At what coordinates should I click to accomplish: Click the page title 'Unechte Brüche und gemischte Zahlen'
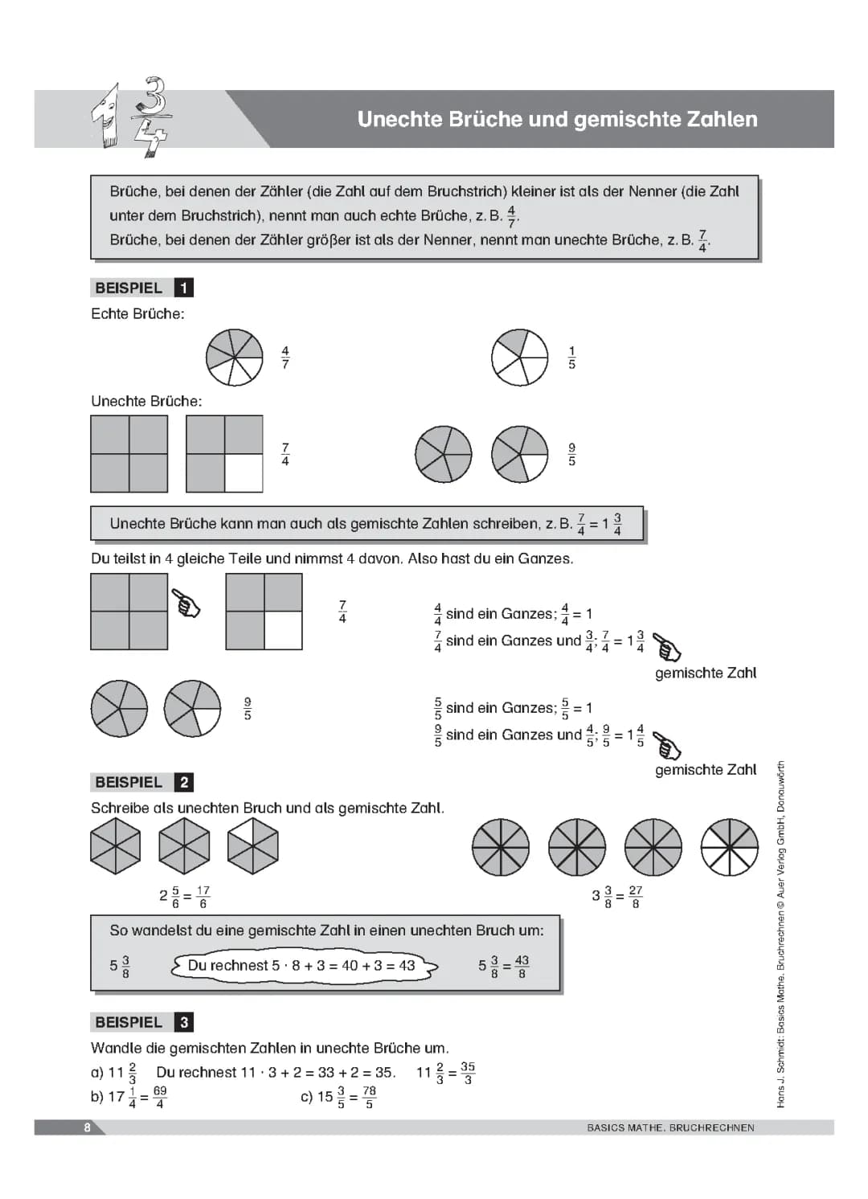point(557,119)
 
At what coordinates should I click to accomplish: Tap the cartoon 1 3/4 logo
point(133,117)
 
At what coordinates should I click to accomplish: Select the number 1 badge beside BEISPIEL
point(184,288)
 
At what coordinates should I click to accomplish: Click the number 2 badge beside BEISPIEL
point(184,782)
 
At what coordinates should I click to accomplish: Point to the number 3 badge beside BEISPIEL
point(184,1022)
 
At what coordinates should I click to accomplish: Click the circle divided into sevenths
point(235,357)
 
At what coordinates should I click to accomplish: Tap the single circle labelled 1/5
point(520,357)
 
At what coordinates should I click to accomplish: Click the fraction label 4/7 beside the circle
point(285,358)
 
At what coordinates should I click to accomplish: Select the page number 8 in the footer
point(87,1127)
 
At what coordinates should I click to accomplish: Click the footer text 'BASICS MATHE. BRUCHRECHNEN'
point(670,1127)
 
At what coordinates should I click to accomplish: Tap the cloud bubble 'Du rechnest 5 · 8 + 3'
point(302,966)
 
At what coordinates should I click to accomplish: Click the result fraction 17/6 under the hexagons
point(203,897)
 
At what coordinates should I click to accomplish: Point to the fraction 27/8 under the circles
point(636,897)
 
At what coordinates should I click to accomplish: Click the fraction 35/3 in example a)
point(468,1073)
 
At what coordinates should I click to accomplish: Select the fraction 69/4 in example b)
point(160,1097)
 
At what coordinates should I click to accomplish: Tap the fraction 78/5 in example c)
point(369,1097)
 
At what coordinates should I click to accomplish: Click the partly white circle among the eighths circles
point(729,847)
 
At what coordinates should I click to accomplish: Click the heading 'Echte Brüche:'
point(137,314)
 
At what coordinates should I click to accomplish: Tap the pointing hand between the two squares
point(187,603)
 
